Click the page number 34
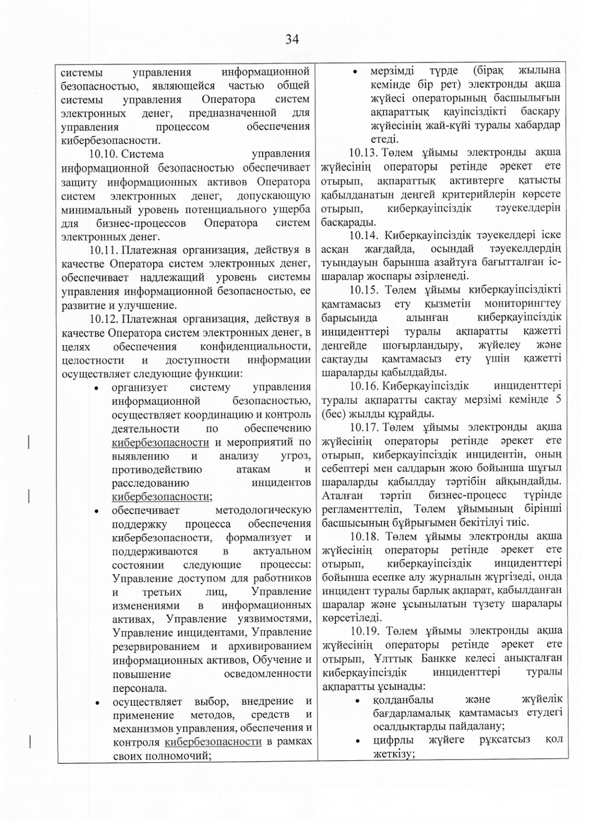[292, 40]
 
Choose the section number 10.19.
[365, 631]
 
